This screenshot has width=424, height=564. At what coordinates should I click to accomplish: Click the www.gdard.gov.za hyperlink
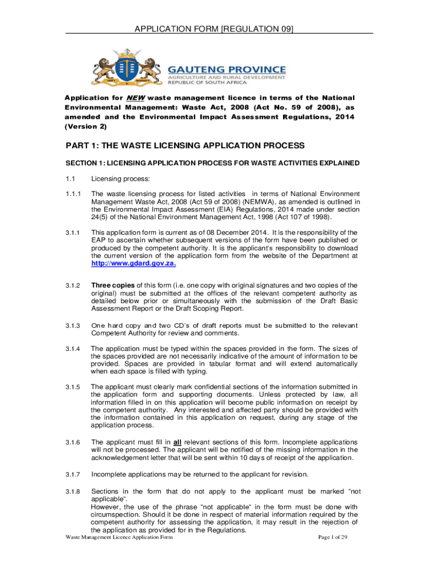[x=134, y=263]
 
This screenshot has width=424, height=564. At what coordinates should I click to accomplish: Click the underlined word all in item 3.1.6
[x=178, y=442]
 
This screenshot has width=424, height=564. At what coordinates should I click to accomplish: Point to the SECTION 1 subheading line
[x=213, y=163]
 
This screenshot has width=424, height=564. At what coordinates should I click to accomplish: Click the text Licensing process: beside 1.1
[x=117, y=178]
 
